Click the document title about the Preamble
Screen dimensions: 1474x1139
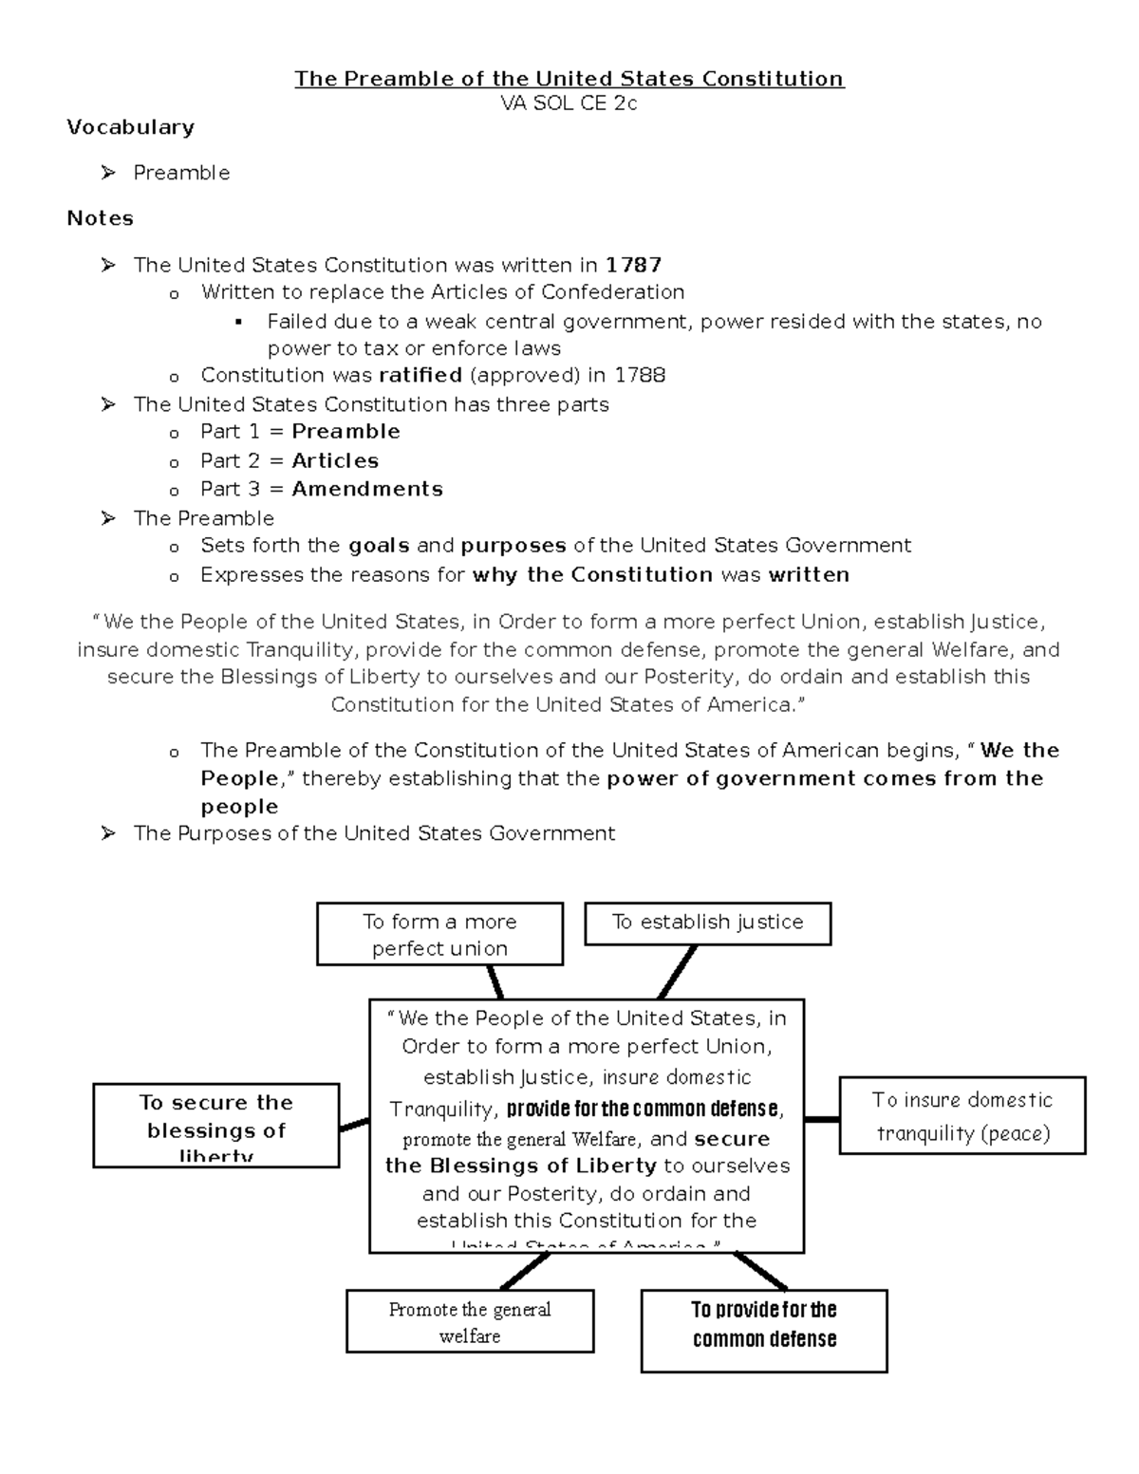tap(569, 79)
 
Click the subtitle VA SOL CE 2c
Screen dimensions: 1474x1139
tap(569, 103)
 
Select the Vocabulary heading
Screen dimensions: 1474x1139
tap(130, 127)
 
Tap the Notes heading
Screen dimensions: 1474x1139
tap(100, 218)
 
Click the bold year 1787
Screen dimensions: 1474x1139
tap(633, 265)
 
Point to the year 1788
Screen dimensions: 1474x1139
tap(639, 375)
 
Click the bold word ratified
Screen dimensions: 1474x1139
tap(420, 375)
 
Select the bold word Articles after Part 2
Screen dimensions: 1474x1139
tap(335, 461)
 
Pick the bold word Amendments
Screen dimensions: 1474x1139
tap(367, 490)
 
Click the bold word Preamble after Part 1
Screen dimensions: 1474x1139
tap(345, 432)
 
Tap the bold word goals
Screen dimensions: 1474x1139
tap(380, 546)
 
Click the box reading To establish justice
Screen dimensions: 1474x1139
tap(707, 923)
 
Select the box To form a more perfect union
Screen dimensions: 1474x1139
tap(439, 934)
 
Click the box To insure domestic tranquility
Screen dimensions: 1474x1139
tap(962, 1115)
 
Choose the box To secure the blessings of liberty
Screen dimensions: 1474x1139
tap(216, 1126)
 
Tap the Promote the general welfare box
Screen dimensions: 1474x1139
tap(470, 1321)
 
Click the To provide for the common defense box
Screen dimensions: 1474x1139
tap(764, 1330)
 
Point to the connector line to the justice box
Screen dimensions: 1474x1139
tap(678, 972)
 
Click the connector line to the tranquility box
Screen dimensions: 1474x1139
tap(822, 1120)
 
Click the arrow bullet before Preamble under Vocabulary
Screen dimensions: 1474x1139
tap(108, 173)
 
